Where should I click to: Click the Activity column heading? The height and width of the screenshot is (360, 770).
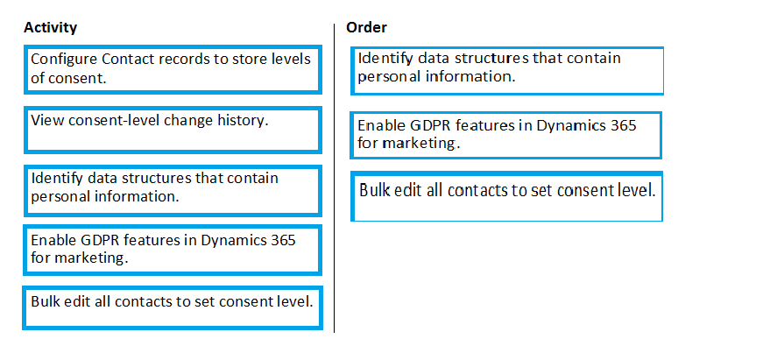point(50,27)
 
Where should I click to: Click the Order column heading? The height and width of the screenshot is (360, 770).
point(366,27)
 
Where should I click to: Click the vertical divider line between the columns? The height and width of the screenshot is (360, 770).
point(335,178)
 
